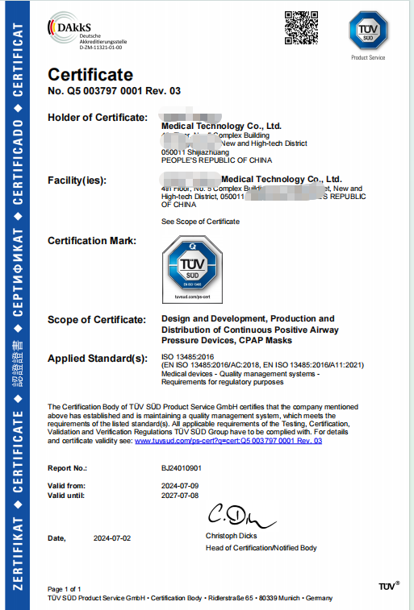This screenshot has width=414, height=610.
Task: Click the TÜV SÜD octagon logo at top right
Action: pos(367,31)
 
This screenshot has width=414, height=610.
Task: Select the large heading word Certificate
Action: pos(90,75)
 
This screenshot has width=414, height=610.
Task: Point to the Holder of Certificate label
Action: pos(97,118)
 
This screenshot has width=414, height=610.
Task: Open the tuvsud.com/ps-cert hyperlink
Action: pos(228,441)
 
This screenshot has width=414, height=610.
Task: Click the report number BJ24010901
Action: pos(182,467)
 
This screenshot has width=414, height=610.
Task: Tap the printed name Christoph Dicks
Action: pos(231,536)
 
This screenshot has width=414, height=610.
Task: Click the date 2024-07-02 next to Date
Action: pos(113,537)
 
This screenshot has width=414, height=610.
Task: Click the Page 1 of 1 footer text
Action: pos(65,589)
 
